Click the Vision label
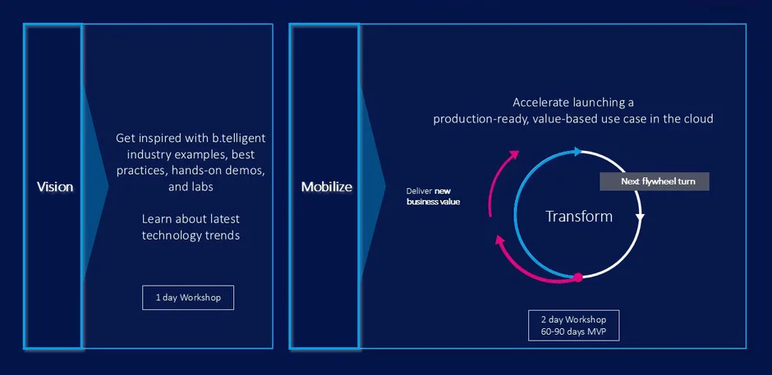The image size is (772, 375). click(55, 187)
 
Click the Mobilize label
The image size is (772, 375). click(326, 187)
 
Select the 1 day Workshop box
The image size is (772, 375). click(188, 297)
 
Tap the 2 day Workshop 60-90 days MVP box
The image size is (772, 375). click(573, 325)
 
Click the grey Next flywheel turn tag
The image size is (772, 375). click(654, 182)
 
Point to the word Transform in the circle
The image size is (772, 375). click(579, 217)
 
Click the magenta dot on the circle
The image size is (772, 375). click(577, 278)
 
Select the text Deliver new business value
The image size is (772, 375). click(433, 195)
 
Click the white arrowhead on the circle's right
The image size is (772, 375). click(641, 217)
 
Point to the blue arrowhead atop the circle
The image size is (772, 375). click(579, 152)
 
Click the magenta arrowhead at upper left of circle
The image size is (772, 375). click(514, 154)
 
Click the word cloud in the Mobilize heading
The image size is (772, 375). click(697, 119)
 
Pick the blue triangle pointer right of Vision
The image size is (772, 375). click(95, 187)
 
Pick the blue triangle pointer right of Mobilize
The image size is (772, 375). click(371, 187)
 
